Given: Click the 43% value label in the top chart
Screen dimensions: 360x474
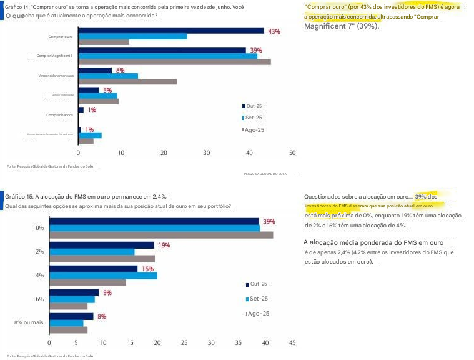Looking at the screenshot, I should [x=274, y=31].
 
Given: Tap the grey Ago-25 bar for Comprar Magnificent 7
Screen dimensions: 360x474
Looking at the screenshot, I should [x=174, y=62].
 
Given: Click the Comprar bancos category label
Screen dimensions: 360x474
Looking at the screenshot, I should [x=61, y=115].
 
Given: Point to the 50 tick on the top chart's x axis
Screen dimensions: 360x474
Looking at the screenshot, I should [x=292, y=152].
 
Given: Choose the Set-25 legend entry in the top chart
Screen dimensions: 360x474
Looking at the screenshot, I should [x=253, y=117].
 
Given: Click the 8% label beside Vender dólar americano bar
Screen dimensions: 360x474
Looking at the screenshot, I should [x=121, y=70].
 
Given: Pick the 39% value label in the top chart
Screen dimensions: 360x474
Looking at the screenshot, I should [x=256, y=50].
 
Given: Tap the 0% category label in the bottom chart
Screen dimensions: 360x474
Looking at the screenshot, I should [x=39, y=228].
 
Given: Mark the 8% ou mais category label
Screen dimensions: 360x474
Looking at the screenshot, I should [x=29, y=322].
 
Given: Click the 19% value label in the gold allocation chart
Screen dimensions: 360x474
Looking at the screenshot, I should [x=164, y=246].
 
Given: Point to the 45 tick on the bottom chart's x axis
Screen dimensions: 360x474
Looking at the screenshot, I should [x=292, y=342].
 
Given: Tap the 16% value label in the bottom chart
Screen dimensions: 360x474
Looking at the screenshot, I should [x=148, y=269].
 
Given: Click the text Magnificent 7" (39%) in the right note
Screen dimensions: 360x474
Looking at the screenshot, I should [x=341, y=27].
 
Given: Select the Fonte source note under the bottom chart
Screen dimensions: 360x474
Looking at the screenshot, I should [x=49, y=356].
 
